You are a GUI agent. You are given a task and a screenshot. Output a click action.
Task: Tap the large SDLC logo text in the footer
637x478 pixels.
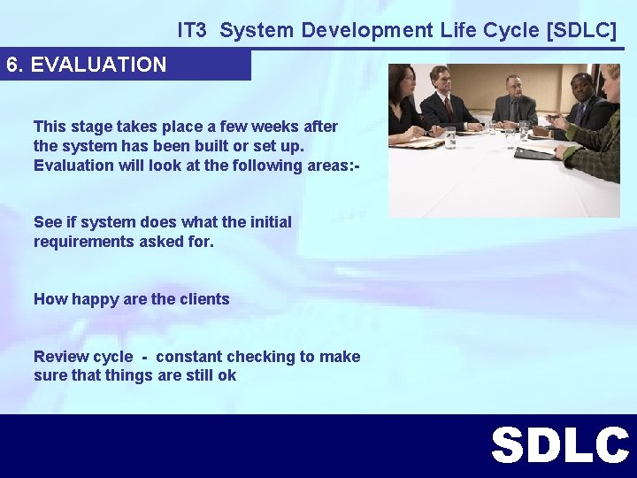[560, 446]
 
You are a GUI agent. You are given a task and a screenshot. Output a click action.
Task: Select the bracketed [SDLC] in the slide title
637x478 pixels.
[582, 30]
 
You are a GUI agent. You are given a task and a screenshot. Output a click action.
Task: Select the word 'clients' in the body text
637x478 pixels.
[204, 299]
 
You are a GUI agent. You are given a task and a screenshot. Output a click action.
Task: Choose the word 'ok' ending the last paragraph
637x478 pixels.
[226, 375]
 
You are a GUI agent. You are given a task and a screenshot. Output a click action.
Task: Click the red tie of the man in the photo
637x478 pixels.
[449, 108]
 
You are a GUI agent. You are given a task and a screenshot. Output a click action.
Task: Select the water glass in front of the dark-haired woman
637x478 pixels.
[450, 137]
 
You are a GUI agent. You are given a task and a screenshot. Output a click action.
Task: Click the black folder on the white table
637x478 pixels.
[535, 153]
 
